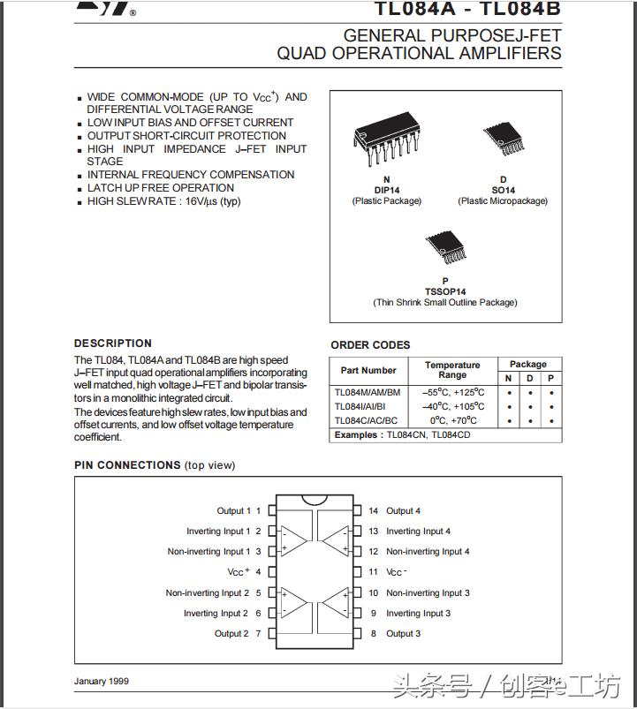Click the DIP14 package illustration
[x=386, y=137]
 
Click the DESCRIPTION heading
[x=113, y=343]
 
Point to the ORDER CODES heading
[x=370, y=345]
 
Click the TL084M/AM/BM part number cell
[x=368, y=392]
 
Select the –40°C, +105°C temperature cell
[x=452, y=406]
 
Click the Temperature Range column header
[x=452, y=370]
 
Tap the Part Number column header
[x=368, y=371]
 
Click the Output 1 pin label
[x=233, y=511]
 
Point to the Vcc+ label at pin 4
[x=238, y=572]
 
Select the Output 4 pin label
[x=403, y=511]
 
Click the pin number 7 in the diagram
[x=259, y=634]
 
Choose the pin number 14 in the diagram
[x=374, y=511]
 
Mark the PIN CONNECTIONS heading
[x=127, y=465]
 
